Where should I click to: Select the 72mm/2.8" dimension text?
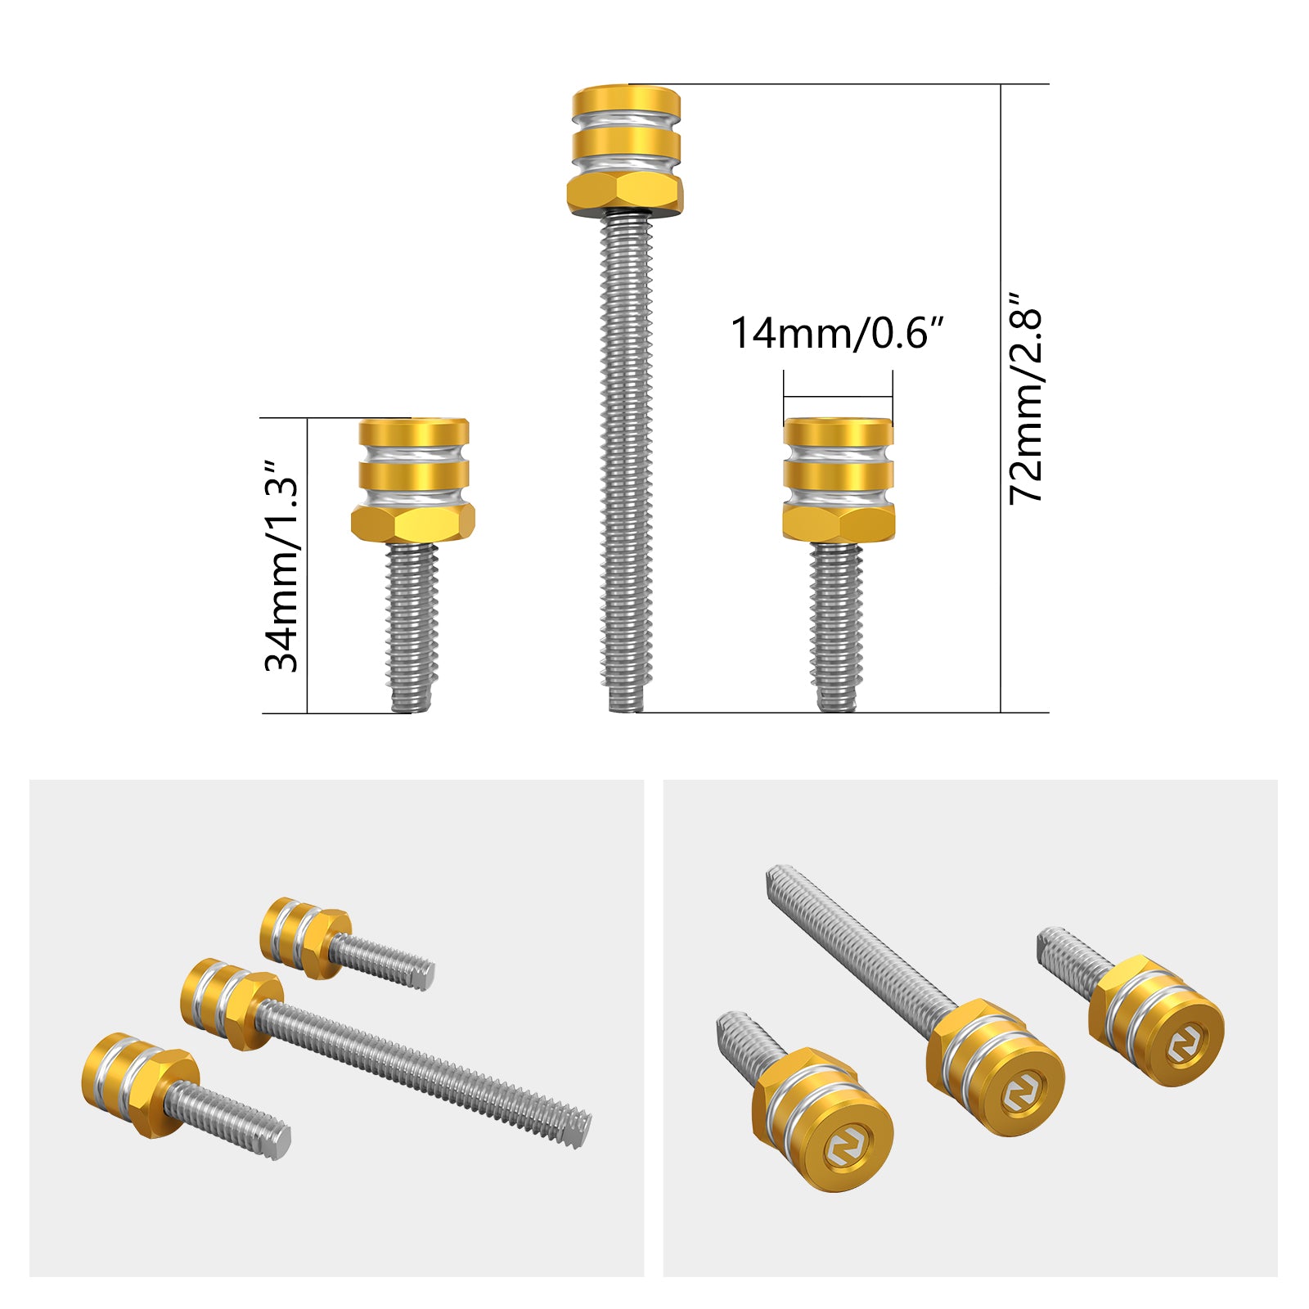tap(1026, 398)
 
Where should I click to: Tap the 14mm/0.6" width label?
tap(837, 333)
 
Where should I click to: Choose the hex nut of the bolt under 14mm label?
tap(838, 522)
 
